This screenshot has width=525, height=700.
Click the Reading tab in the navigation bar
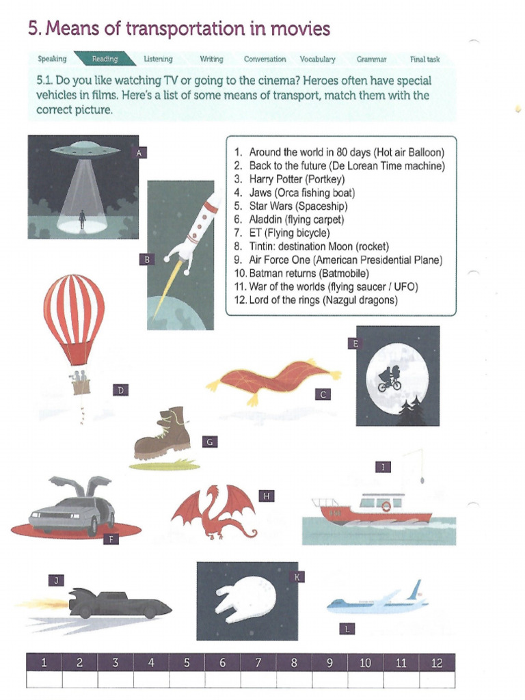(105, 59)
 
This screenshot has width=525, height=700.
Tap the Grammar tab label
(371, 59)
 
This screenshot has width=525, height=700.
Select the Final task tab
(425, 59)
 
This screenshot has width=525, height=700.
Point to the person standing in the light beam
(82, 219)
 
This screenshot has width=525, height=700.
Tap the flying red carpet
(273, 378)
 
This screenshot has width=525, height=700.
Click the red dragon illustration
(213, 511)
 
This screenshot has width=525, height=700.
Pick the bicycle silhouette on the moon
(390, 379)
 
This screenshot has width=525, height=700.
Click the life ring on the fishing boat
(386, 507)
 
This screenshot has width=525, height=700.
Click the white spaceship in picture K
(245, 597)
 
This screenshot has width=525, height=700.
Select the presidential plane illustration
(378, 602)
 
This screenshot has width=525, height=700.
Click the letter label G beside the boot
(211, 442)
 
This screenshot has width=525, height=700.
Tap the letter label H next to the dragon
(266, 495)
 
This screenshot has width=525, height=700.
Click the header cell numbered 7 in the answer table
(258, 662)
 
